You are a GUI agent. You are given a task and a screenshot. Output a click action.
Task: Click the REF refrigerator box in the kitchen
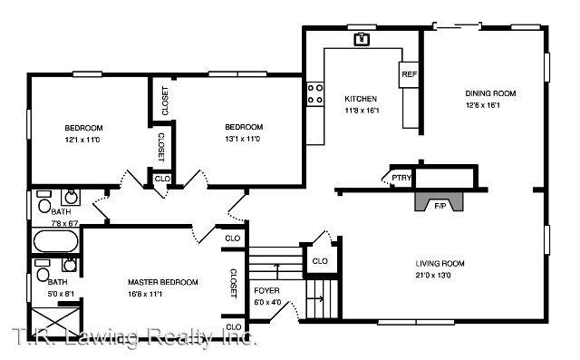click(409, 74)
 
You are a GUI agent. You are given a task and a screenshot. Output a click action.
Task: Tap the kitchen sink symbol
click(362, 38)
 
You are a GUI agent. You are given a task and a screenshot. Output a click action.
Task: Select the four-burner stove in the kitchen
click(316, 92)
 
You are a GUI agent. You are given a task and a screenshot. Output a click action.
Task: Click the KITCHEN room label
click(361, 99)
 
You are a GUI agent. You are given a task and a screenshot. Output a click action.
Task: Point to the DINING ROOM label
click(490, 93)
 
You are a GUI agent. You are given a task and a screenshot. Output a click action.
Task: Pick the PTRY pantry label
click(400, 178)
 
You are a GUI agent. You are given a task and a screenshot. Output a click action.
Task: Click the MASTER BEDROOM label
click(162, 282)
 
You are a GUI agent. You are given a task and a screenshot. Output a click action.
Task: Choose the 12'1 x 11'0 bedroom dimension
click(83, 139)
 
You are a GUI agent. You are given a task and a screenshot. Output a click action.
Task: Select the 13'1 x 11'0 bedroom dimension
click(243, 139)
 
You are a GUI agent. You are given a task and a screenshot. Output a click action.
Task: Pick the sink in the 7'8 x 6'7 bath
click(70, 196)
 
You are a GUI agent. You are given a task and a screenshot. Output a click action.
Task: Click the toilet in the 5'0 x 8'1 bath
click(43, 273)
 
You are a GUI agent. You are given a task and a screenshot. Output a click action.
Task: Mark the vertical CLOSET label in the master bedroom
click(233, 283)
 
